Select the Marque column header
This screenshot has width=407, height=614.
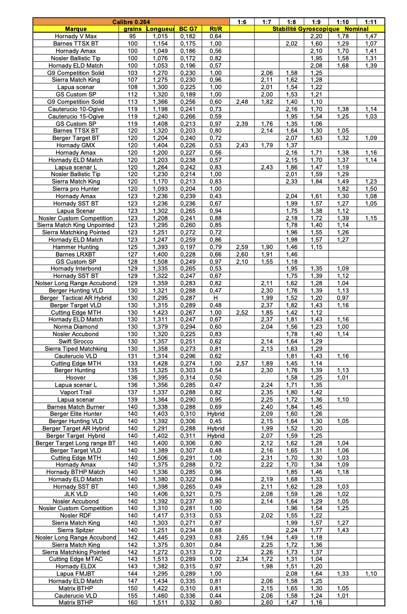(x=75, y=29)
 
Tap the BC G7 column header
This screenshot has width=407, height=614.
(x=188, y=29)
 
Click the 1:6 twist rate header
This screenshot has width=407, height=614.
(x=241, y=21)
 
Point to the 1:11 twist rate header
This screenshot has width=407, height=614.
(x=371, y=21)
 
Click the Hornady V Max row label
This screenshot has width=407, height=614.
(x=75, y=36)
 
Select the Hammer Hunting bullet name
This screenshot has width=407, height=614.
(x=75, y=247)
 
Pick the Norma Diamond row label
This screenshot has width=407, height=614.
(x=75, y=327)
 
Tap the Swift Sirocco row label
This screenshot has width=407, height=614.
(x=75, y=341)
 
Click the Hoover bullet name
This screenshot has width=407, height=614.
(x=75, y=378)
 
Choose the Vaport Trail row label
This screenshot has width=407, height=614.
(x=75, y=392)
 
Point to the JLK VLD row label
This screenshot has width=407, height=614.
(x=75, y=494)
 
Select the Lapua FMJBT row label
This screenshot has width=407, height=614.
(x=75, y=574)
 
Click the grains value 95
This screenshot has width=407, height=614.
(x=133, y=36)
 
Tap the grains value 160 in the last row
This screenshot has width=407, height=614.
(x=133, y=603)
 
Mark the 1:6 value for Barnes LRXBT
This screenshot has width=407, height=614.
(x=241, y=254)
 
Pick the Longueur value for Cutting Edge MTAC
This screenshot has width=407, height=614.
(x=160, y=559)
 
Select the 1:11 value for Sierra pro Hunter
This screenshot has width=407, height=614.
(x=371, y=189)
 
